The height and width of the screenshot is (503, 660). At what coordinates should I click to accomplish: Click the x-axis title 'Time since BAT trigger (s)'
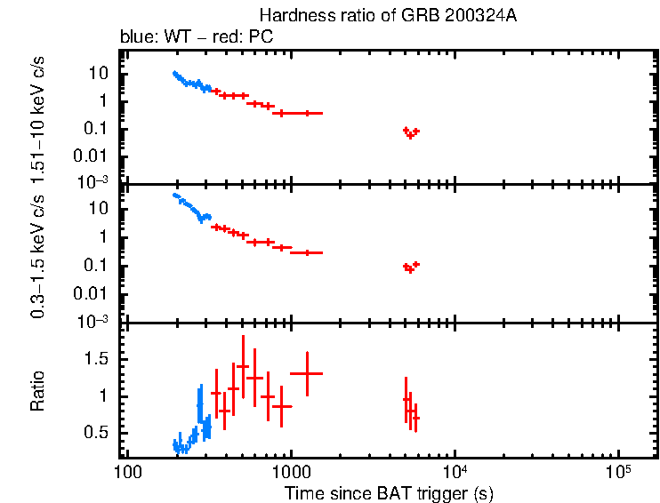(389, 493)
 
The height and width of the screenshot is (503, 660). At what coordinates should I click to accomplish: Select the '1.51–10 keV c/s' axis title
(38, 116)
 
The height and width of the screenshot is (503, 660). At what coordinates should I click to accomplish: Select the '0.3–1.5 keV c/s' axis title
(38, 254)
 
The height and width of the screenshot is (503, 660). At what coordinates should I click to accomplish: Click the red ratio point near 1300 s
(307, 373)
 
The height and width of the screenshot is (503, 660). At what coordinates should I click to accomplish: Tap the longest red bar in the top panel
(307, 113)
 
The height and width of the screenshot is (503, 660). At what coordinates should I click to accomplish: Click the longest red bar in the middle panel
(307, 252)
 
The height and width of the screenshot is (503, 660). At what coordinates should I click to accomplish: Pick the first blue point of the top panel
(174, 74)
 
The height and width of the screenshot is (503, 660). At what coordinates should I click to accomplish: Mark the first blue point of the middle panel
(174, 195)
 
